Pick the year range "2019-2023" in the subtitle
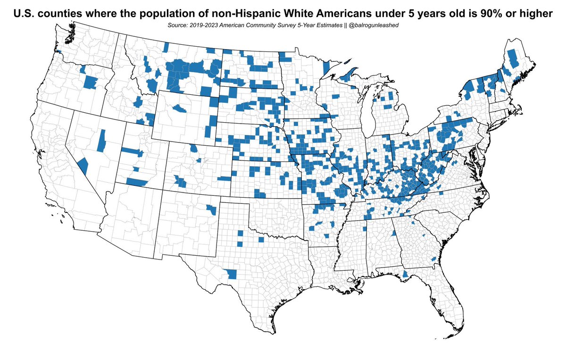pos(205,25)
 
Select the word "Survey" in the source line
pos(292,25)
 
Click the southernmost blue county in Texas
pos(231,274)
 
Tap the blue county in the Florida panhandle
pos(405,274)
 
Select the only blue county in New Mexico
pos(212,209)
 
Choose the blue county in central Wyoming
pos(179,109)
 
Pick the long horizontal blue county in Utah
pos(132,152)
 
